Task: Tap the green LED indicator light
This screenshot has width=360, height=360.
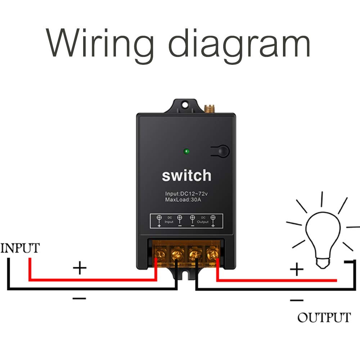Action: [186, 151]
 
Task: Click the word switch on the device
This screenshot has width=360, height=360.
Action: [186, 176]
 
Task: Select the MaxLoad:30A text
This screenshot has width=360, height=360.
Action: [183, 199]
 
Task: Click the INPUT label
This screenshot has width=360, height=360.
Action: [20, 248]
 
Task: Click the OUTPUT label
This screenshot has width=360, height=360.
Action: [324, 318]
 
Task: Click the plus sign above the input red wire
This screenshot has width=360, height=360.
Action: [80, 268]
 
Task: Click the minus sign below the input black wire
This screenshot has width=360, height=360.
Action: [80, 298]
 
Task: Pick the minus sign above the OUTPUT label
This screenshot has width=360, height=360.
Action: [297, 300]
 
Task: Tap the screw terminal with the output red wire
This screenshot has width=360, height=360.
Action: [212, 255]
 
